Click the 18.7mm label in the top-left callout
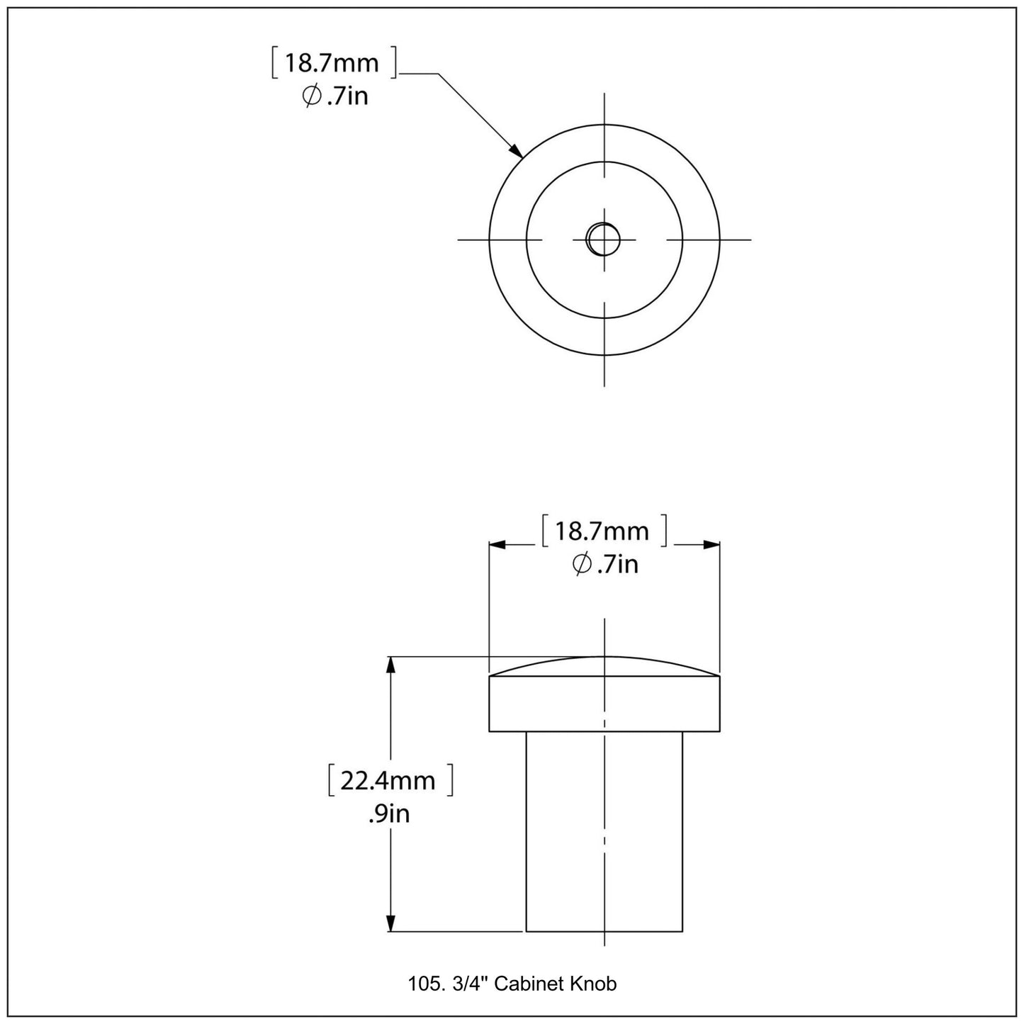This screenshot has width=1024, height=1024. coord(332,63)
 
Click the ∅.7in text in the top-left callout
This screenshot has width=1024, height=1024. coord(335,95)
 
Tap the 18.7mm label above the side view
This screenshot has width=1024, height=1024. coord(602,531)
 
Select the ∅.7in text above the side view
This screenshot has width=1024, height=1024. coord(605,564)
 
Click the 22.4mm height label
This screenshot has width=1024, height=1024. coord(388,780)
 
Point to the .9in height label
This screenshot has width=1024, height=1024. coord(389,814)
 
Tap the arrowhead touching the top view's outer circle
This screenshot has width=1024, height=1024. coord(517,150)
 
